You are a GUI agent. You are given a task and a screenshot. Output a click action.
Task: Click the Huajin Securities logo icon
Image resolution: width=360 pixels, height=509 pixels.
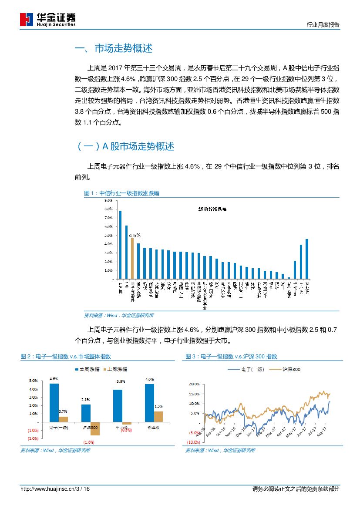pos(27,20)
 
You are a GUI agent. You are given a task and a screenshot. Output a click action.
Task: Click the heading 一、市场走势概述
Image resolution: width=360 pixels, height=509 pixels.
pos(114,48)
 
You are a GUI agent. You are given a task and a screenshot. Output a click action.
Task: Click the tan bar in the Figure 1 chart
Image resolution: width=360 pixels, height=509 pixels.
pos(132,258)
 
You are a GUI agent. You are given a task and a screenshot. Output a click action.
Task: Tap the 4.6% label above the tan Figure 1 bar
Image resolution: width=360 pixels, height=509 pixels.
pos(135,235)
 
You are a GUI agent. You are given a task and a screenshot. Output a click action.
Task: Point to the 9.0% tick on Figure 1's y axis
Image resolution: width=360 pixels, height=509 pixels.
pos(108,200)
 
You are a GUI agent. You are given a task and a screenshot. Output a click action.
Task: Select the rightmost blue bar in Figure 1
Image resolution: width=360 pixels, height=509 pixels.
pos(307,259)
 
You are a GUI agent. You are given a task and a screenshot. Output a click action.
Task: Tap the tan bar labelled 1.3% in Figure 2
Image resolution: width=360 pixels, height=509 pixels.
pos(158,417)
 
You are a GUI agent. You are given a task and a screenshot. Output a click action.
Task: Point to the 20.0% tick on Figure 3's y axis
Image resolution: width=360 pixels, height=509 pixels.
pos(194,384)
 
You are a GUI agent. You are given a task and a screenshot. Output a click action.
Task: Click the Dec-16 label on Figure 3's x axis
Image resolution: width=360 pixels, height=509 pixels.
pos(240,431)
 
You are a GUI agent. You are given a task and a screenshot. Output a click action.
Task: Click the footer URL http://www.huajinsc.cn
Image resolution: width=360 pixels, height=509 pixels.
pos(47,489)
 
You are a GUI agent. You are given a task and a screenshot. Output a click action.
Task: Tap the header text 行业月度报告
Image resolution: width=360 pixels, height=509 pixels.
pos(323,25)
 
